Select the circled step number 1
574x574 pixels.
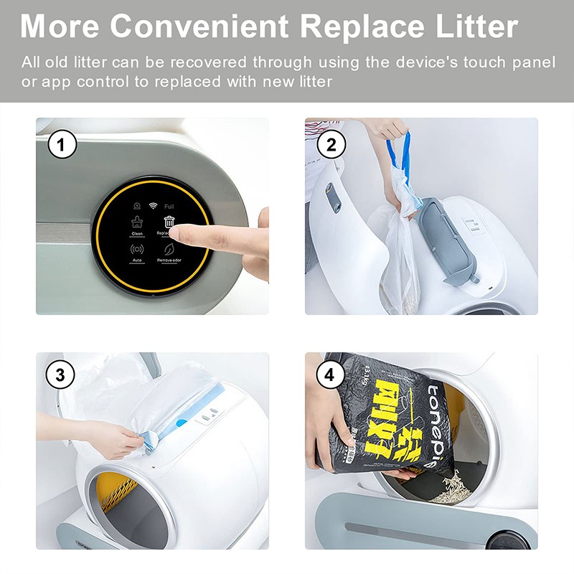62,146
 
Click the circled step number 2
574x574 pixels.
331,146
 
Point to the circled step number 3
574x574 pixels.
62,374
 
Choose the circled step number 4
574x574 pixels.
331,374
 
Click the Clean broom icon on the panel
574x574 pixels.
136,222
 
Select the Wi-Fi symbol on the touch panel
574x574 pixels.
153,206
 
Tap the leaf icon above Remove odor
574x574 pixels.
169,250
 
